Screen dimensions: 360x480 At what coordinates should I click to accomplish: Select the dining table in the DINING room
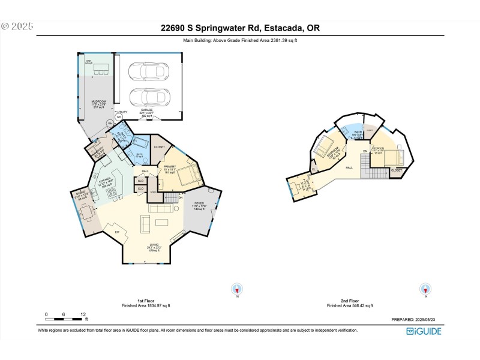(x=87, y=213)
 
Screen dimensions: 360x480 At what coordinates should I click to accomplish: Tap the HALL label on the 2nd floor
(x=348, y=167)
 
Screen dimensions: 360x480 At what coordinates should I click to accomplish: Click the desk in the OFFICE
(x=295, y=186)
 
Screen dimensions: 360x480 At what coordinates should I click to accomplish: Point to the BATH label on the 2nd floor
(x=358, y=131)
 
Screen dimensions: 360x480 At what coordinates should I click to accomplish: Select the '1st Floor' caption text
(x=148, y=301)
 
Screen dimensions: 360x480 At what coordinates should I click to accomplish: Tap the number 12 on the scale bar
(x=83, y=314)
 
